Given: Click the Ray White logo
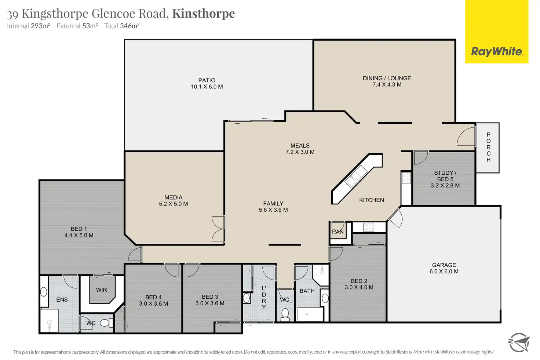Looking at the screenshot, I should [496, 51].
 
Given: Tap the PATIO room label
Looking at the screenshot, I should [207, 80].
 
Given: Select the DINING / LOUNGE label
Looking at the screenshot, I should [387, 78].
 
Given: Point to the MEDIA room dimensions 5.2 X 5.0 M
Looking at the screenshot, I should [173, 204].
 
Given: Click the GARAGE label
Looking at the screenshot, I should [444, 265].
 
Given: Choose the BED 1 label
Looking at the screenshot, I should [79, 229].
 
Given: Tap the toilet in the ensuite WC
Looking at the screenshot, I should [106, 323].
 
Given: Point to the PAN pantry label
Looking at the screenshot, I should [337, 232].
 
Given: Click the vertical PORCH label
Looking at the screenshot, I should [488, 148].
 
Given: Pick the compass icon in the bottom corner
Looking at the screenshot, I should [519, 342].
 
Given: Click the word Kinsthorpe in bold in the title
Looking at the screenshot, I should [204, 14].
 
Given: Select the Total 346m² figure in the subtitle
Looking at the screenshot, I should [122, 26].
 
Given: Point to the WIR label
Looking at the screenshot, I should [102, 290].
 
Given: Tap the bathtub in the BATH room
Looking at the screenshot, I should [310, 314].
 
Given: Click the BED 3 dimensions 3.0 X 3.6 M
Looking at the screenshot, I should [210, 303].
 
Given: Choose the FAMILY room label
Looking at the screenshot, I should [273, 204].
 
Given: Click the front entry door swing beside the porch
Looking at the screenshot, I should [466, 136].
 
